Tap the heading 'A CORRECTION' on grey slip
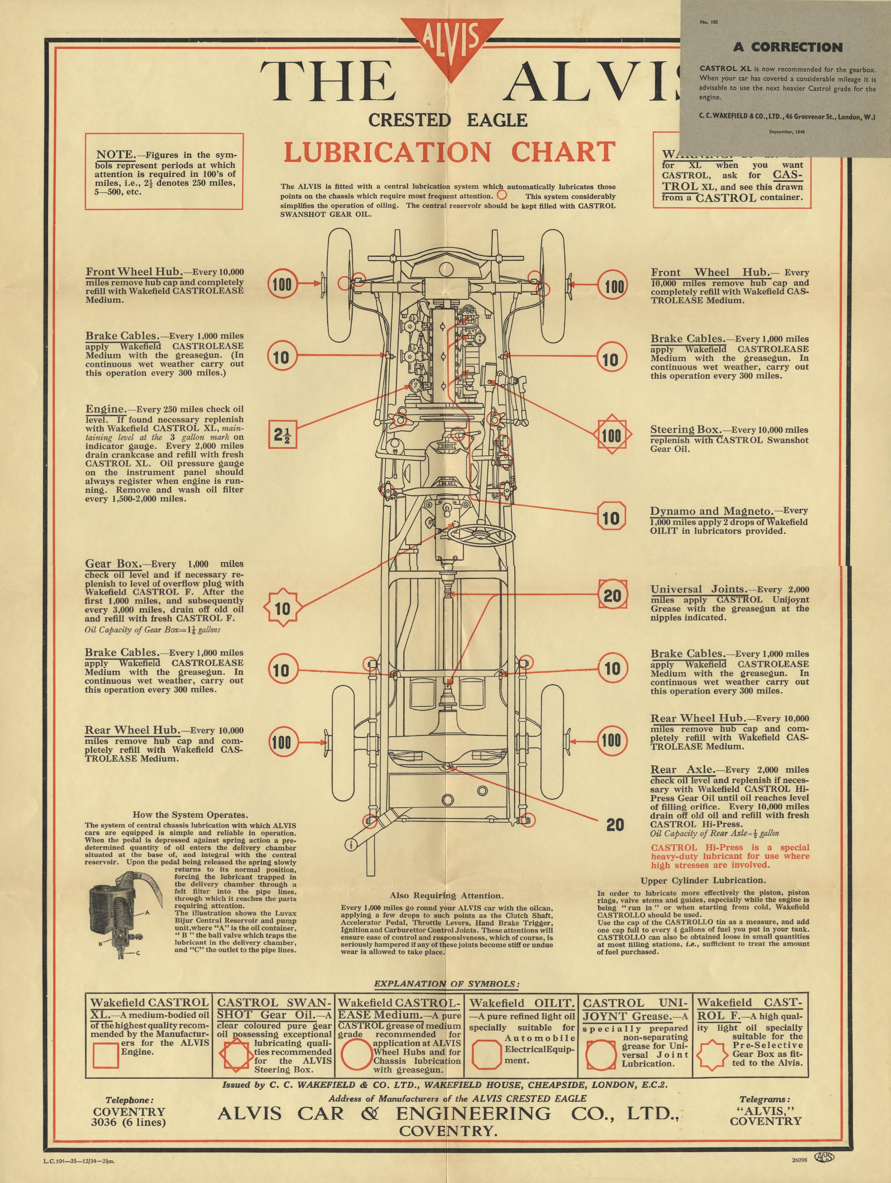click(788, 47)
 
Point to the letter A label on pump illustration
click(147, 913)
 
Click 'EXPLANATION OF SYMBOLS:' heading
click(446, 983)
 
